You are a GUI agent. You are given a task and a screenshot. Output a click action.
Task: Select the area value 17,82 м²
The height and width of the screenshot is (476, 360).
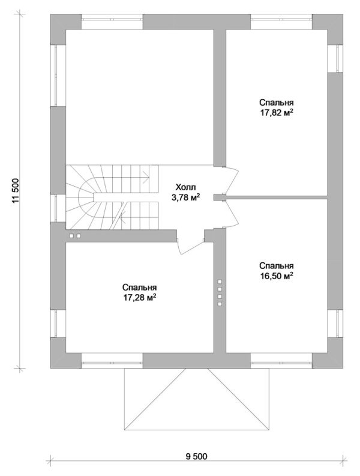(277, 112)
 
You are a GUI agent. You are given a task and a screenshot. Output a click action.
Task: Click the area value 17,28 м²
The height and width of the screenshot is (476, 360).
(140, 297)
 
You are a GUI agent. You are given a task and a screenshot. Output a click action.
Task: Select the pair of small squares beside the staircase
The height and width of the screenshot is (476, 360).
(74, 236)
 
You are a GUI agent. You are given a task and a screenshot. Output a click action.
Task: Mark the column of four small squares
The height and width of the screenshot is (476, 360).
(220, 293)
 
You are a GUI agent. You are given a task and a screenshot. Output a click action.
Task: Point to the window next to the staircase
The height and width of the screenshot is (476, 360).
(57, 208)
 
